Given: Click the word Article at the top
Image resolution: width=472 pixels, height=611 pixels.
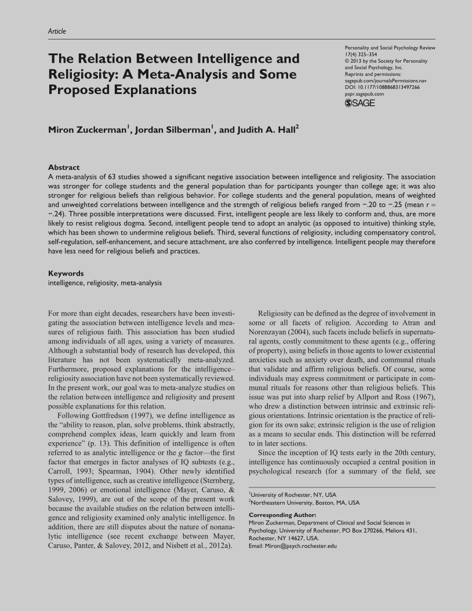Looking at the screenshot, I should tap(57, 31).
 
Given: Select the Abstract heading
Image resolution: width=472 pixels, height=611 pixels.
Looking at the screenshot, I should tap(63, 168).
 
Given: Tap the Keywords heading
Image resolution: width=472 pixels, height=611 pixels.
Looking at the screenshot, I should tap(65, 273).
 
